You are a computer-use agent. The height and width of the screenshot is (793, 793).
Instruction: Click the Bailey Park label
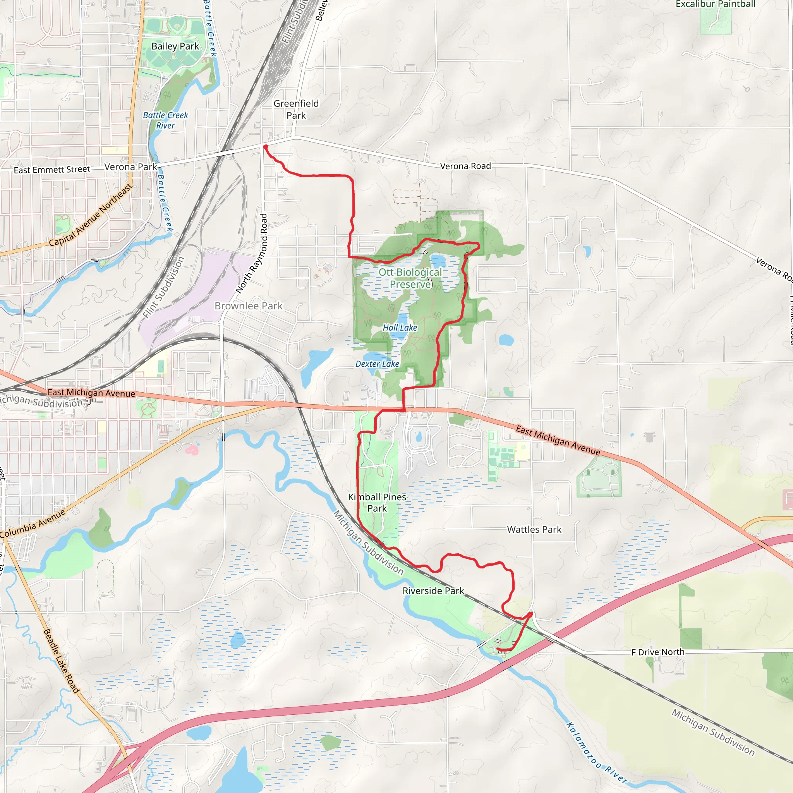coord(175,46)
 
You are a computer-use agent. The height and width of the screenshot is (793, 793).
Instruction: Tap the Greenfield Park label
coord(296,109)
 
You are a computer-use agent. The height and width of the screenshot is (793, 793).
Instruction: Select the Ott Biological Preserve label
coord(410,278)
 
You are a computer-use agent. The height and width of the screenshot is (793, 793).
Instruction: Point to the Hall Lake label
coord(400,328)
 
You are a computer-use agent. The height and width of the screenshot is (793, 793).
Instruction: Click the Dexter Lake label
coord(377,364)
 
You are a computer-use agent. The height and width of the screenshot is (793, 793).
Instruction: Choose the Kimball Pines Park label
coord(377,502)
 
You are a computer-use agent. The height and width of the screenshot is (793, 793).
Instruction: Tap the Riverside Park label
coord(433,590)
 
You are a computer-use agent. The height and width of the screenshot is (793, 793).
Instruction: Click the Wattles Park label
coord(534,529)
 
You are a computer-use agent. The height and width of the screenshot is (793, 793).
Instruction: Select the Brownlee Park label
coord(248,306)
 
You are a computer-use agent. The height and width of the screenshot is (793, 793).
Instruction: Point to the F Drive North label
coord(657,652)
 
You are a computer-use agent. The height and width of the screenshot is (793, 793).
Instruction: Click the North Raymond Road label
coord(252,253)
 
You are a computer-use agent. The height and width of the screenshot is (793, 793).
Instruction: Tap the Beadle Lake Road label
coord(61,661)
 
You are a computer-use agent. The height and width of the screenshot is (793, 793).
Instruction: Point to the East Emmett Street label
coord(52,170)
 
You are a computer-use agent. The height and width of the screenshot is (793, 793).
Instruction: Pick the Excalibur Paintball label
coord(716,4)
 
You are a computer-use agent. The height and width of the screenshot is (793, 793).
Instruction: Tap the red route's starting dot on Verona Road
coord(266,146)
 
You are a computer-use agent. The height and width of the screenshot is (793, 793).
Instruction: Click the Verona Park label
coord(130,167)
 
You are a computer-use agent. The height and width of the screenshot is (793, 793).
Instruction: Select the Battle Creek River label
coord(165,120)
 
